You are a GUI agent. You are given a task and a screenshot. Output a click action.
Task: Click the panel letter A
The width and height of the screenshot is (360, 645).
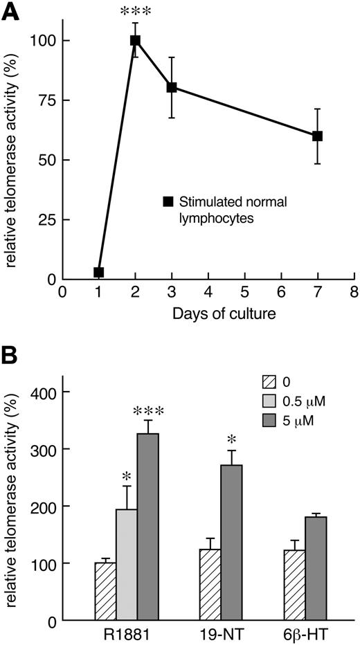(10, 12)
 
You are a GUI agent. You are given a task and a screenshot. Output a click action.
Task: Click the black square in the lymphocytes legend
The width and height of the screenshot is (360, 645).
(167, 201)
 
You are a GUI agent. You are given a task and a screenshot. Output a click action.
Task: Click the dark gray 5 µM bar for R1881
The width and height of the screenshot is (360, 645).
(148, 527)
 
